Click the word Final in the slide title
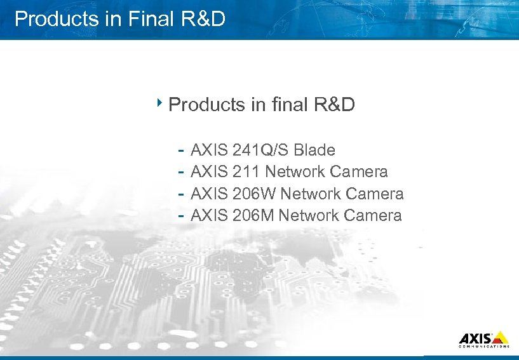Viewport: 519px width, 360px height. tap(150, 19)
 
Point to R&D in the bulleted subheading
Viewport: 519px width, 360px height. tap(334, 104)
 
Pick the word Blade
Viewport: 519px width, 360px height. tap(314, 150)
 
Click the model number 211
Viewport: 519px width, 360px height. tap(246, 172)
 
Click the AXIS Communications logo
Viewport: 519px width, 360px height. tap(483, 339)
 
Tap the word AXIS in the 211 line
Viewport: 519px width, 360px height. tap(210, 172)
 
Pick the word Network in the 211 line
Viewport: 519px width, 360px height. tap(295, 172)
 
